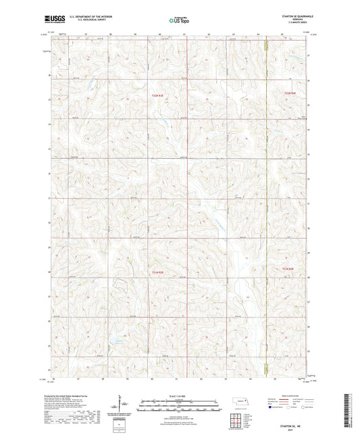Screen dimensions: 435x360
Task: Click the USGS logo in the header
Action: coord(53,21)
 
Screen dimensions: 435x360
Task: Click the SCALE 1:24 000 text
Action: coord(179,395)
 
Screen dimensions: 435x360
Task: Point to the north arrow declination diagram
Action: coord(122,407)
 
